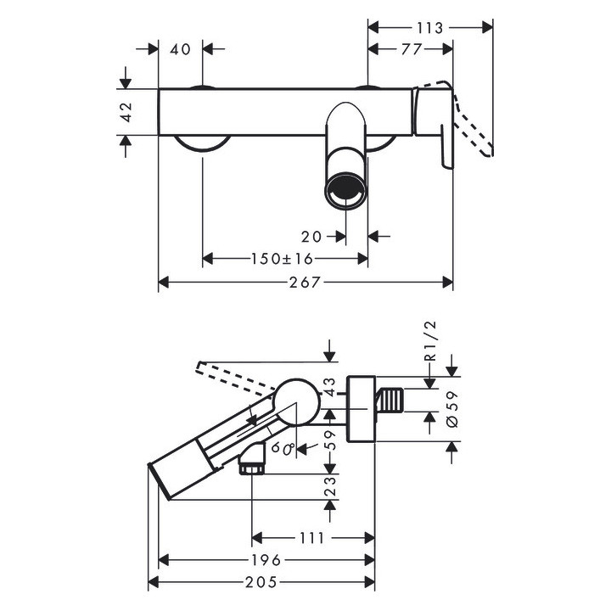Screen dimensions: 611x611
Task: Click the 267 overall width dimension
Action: point(305,283)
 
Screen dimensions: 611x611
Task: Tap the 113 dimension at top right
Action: point(430,28)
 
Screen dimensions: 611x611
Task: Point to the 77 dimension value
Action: point(411,50)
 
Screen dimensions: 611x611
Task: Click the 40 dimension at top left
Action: point(180,50)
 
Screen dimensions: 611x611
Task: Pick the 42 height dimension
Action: point(126,111)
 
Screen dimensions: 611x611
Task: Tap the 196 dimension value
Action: point(268,560)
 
